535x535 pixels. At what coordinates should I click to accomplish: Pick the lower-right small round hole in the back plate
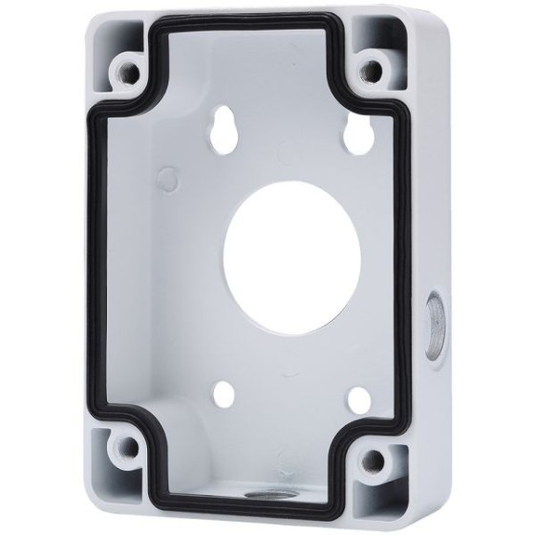click(x=359, y=400)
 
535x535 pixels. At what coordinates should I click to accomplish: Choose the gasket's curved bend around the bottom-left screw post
click(x=149, y=420)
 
